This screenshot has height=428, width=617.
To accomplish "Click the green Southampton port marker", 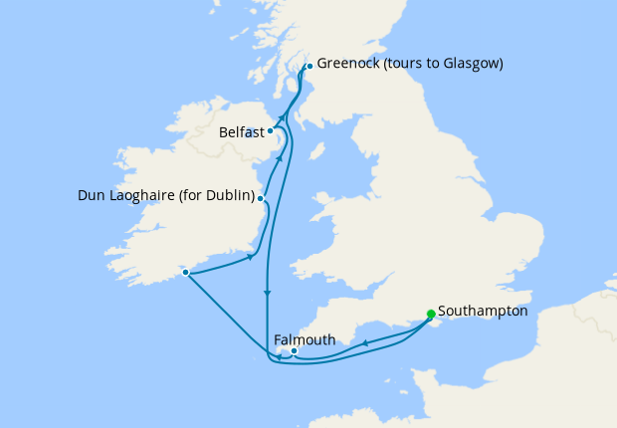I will click(x=430, y=315).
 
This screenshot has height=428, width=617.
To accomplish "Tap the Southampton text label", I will click(x=483, y=312).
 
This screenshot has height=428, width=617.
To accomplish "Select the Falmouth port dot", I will click(x=294, y=350).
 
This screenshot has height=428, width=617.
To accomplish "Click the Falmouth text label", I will click(x=304, y=339).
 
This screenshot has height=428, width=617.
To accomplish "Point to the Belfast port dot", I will click(x=270, y=130).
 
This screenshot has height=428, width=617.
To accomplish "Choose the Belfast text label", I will click(x=242, y=131).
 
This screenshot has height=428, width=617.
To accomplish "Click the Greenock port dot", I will click(x=308, y=66).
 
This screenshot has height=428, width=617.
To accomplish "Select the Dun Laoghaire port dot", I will click(x=261, y=198).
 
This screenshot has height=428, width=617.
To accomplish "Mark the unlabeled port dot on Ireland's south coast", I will click(x=185, y=272).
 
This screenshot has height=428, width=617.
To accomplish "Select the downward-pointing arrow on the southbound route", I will click(x=267, y=294).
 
